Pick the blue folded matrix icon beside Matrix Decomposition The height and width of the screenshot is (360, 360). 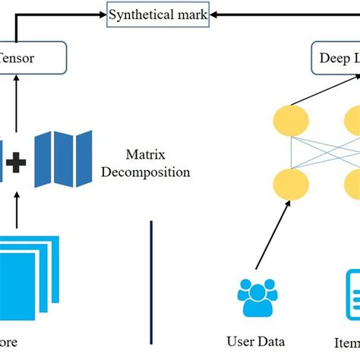click(63, 159)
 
